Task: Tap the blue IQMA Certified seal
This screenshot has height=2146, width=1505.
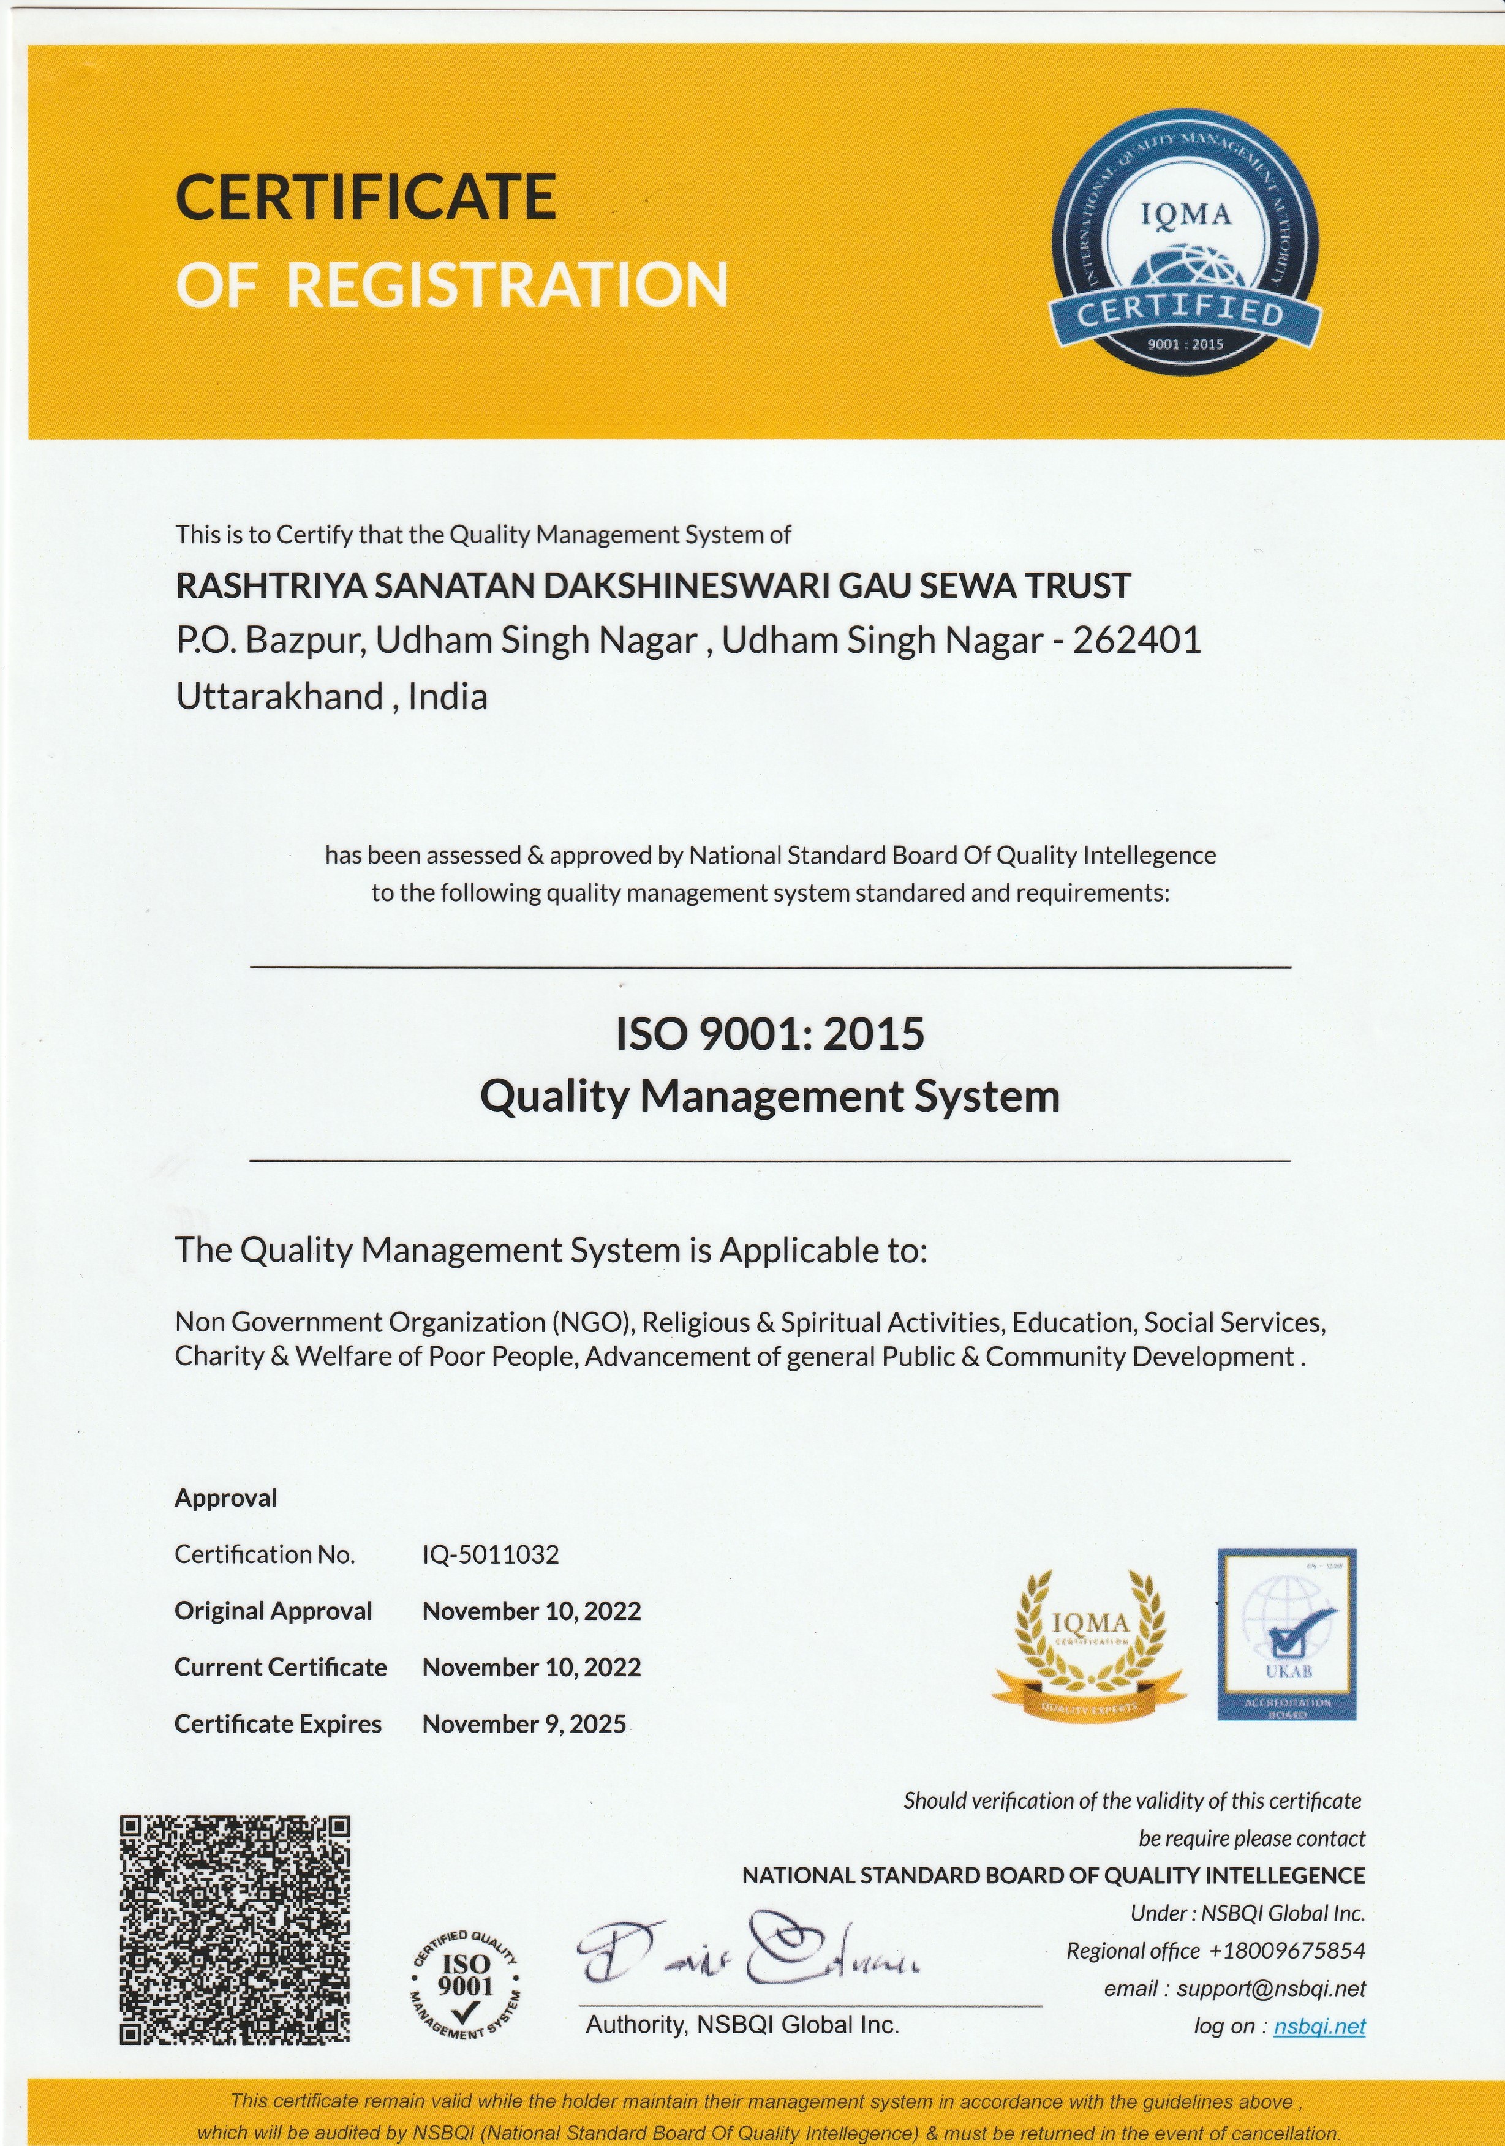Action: pyautogui.click(x=1185, y=245)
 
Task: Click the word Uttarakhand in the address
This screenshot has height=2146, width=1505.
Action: pyautogui.click(x=279, y=697)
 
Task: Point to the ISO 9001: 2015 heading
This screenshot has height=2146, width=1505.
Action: pyautogui.click(x=769, y=1034)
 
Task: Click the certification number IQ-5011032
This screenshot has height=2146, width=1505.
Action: pyautogui.click(x=491, y=1554)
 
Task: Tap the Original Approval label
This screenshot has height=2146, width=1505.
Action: pyautogui.click(x=273, y=1611)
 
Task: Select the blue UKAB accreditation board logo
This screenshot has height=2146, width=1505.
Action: pyautogui.click(x=1286, y=1636)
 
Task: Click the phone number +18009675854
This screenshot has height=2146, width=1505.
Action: pyautogui.click(x=1286, y=1951)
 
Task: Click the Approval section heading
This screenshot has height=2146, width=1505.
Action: pyautogui.click(x=225, y=1497)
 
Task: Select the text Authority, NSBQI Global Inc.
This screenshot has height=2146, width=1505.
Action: pyautogui.click(x=742, y=2025)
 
